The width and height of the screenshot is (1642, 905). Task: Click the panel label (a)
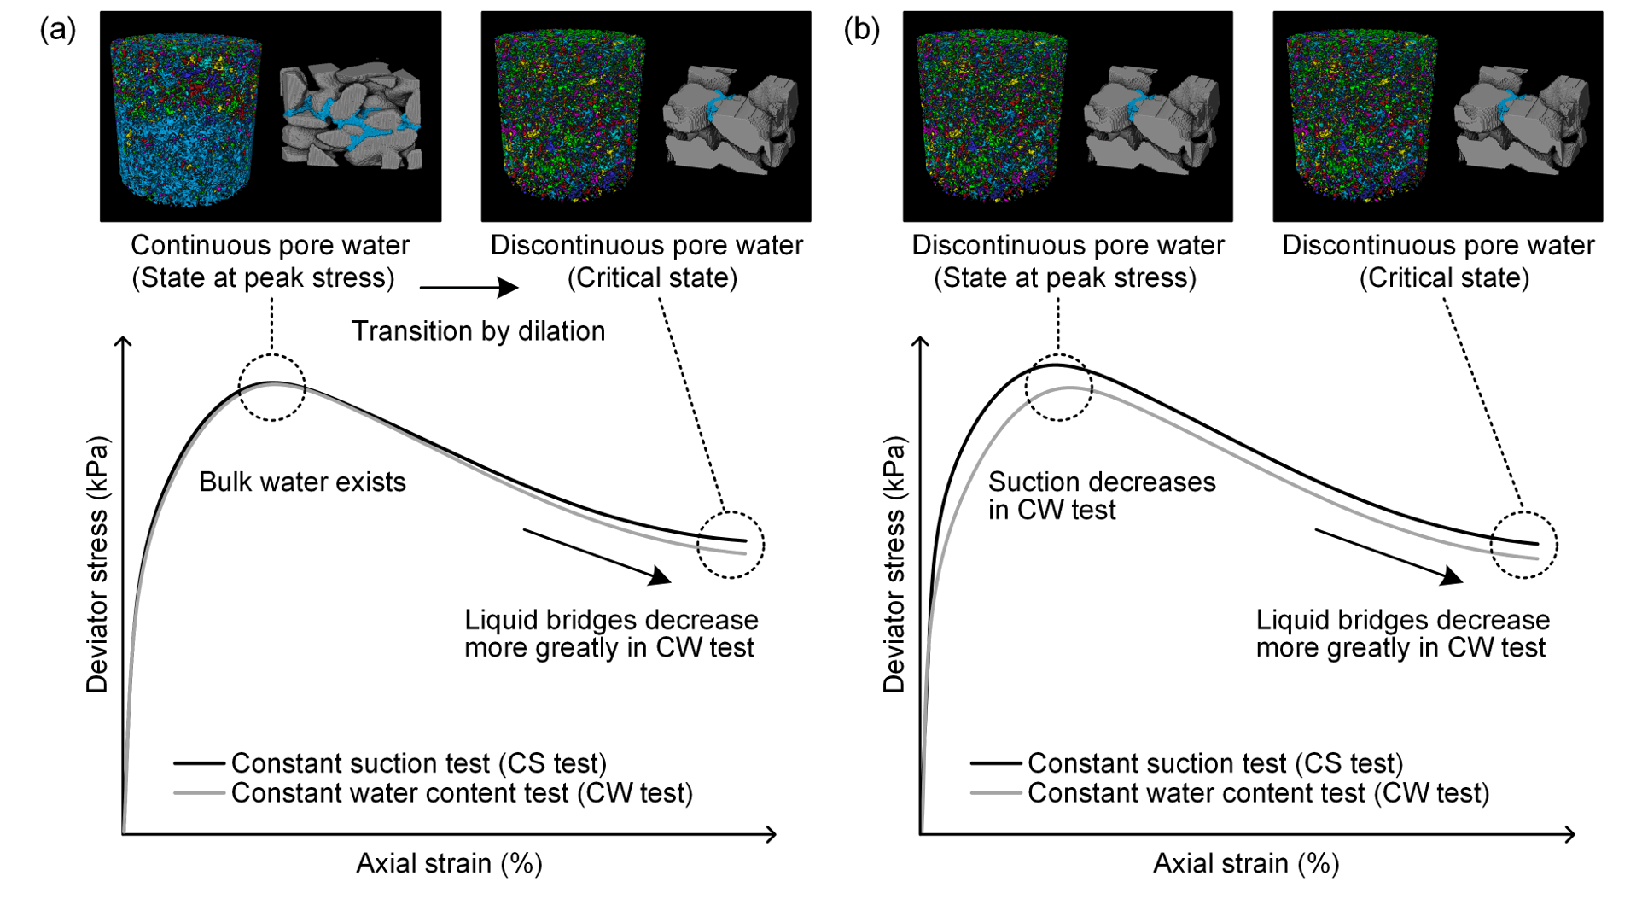tap(57, 30)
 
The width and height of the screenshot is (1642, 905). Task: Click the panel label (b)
tap(861, 30)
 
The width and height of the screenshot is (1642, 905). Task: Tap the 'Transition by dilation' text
tap(478, 331)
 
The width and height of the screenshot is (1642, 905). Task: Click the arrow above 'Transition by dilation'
tap(469, 288)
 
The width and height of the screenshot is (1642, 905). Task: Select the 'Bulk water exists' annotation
tap(302, 482)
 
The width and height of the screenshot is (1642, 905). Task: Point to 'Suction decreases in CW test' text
tap(1101, 496)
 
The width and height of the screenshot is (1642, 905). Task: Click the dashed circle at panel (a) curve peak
tap(271, 388)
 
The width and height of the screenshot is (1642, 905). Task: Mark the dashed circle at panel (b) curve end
tap(1523, 545)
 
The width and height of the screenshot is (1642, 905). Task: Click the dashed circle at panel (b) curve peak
tap(1058, 388)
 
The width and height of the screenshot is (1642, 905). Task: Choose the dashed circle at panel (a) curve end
tap(731, 545)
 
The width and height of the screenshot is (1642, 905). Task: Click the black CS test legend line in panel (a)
tap(199, 762)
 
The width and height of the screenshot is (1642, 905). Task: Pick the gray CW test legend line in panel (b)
tap(995, 793)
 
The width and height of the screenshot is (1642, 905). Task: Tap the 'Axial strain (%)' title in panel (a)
tap(449, 864)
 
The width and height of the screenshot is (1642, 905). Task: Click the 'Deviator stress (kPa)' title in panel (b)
tap(894, 563)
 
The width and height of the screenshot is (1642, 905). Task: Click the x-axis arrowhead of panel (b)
tap(1569, 834)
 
